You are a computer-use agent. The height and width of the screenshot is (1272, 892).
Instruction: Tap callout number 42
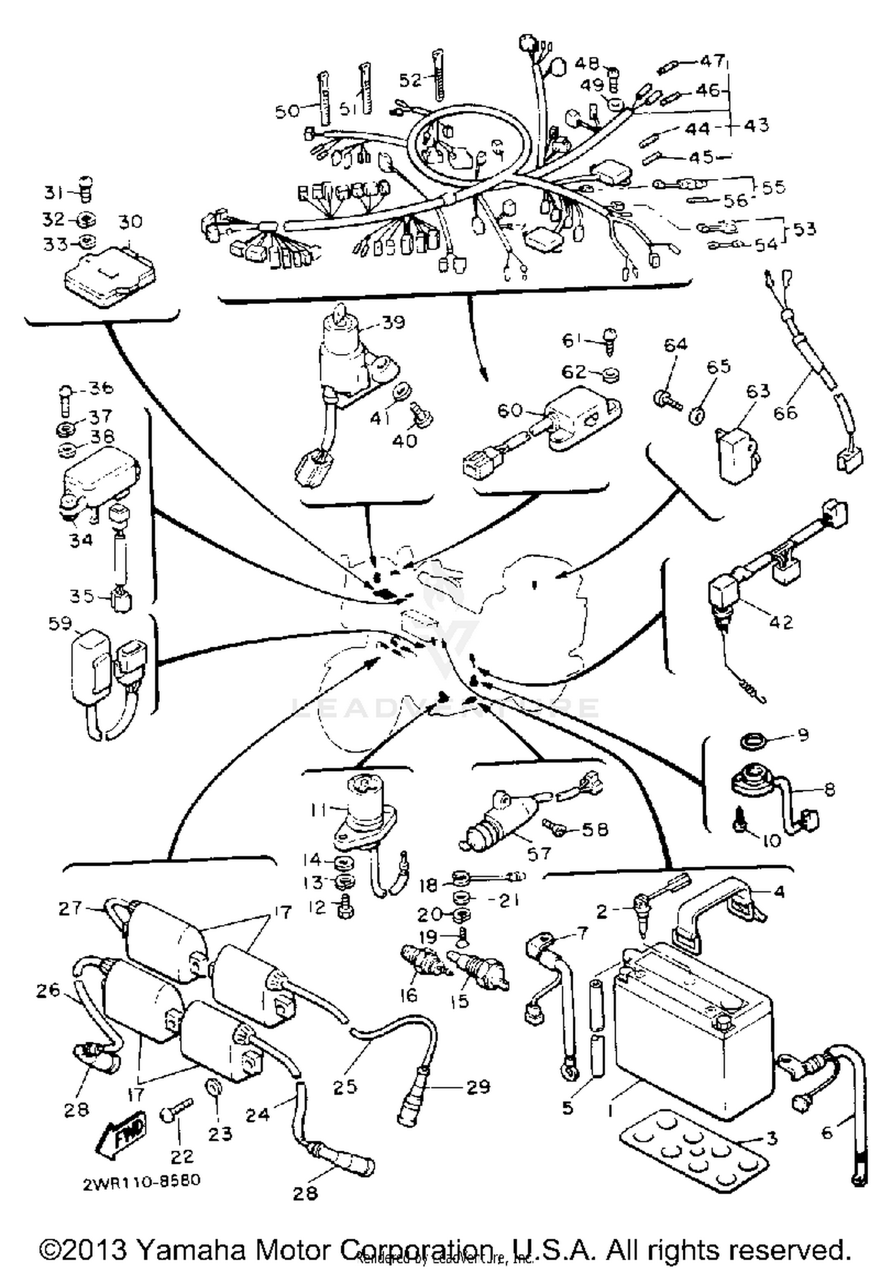(780, 622)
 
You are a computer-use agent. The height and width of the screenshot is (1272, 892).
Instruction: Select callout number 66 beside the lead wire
(785, 412)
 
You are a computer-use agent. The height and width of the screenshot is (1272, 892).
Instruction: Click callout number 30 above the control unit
(130, 222)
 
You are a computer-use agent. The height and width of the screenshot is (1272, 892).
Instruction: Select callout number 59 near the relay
(60, 624)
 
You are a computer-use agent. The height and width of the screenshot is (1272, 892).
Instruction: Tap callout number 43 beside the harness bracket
(756, 126)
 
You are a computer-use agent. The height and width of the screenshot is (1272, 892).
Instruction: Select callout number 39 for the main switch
(393, 322)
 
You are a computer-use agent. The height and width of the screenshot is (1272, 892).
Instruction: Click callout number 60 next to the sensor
(510, 411)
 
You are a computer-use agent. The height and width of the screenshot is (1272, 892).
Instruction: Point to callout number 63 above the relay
(758, 391)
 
